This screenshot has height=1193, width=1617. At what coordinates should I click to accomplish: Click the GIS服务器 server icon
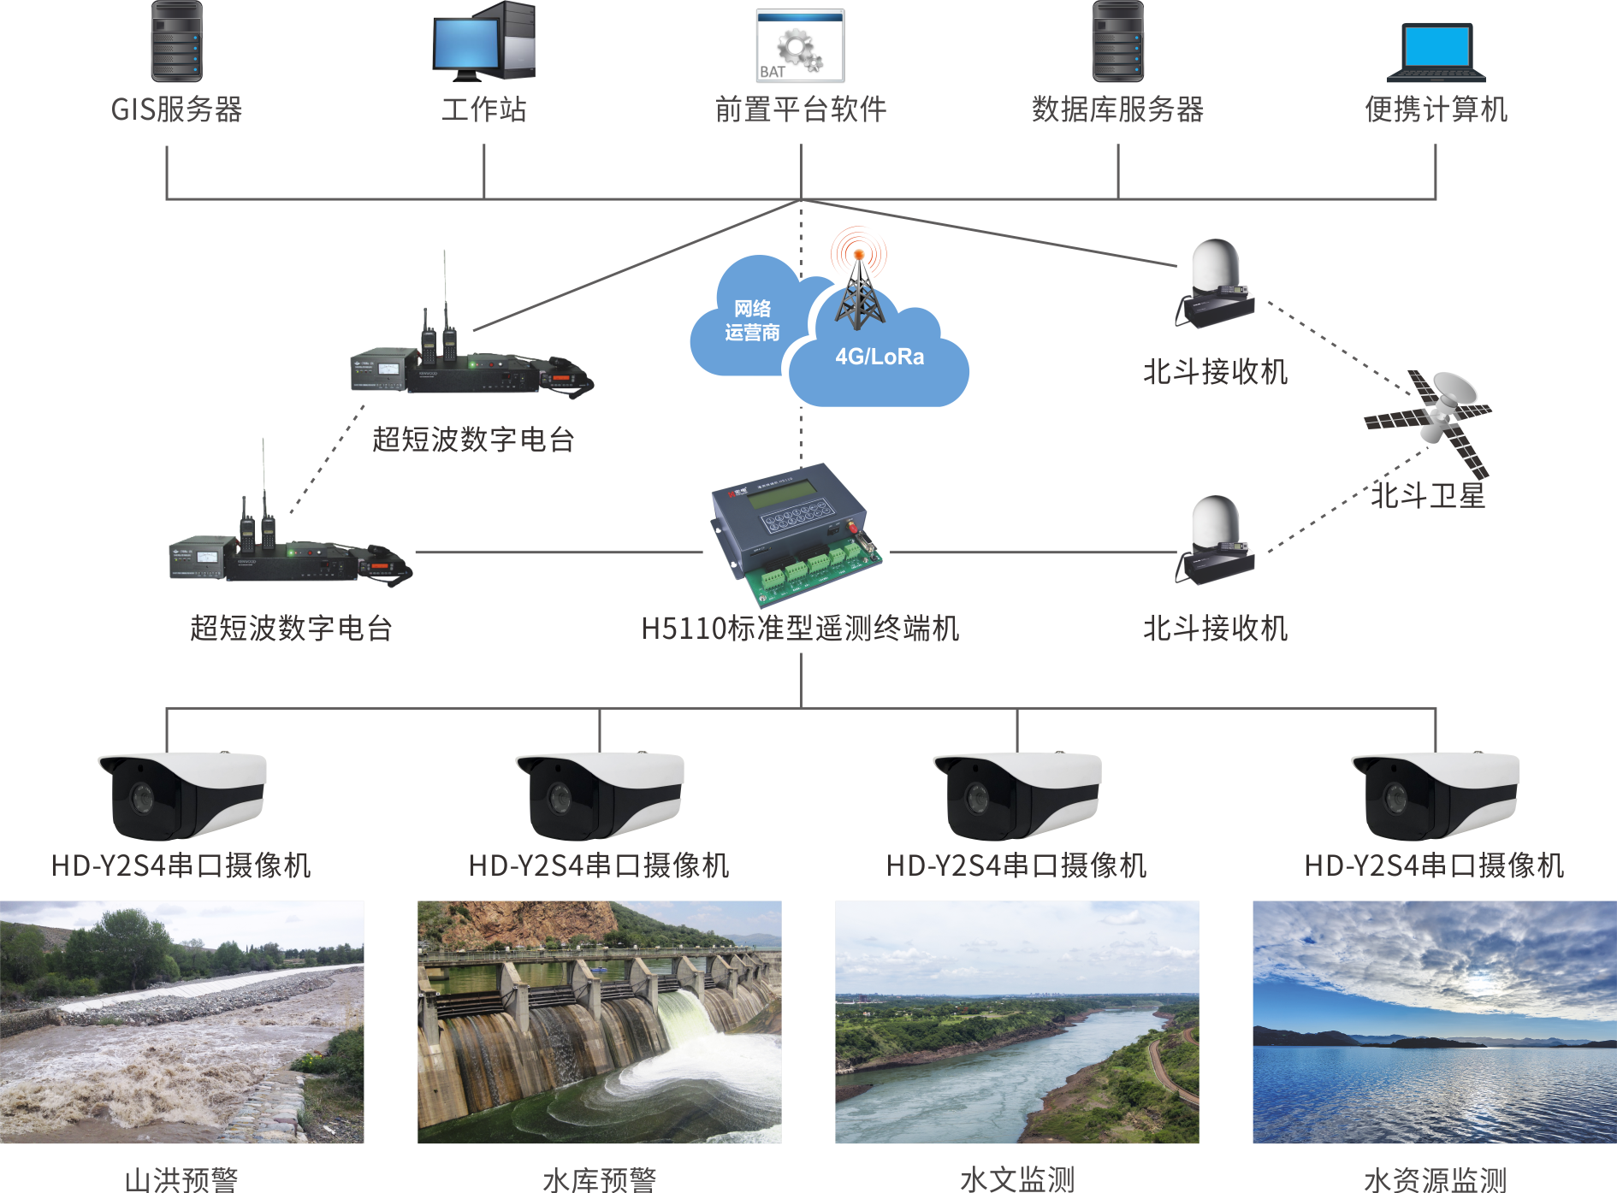tap(177, 41)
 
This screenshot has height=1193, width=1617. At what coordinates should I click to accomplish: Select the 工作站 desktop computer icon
tap(484, 41)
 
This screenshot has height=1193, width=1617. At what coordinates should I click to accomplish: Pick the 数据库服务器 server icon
tap(1118, 41)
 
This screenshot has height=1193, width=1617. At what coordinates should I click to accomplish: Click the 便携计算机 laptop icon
tap(1436, 51)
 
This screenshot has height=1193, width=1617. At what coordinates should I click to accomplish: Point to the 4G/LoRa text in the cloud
tap(880, 357)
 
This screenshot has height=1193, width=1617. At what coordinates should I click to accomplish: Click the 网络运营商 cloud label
tap(752, 321)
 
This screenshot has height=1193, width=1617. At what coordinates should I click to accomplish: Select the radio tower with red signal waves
tap(859, 279)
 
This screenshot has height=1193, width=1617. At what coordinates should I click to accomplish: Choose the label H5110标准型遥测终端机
tap(800, 629)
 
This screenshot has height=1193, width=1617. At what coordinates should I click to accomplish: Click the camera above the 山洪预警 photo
tap(182, 795)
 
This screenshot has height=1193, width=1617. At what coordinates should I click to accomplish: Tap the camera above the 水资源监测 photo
tap(1436, 795)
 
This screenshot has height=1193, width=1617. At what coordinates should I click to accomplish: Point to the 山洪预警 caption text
tap(181, 1179)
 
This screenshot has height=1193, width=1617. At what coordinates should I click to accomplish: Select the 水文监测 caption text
tap(1017, 1179)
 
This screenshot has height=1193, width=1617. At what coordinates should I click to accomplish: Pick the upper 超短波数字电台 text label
tap(473, 440)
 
